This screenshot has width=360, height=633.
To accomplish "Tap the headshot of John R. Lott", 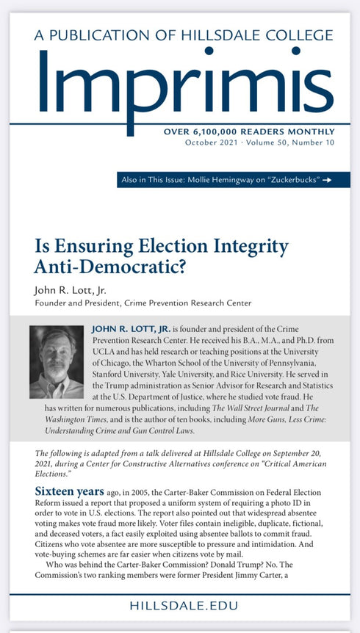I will click(x=57, y=361).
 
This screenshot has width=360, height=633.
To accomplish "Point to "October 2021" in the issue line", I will click(x=212, y=143).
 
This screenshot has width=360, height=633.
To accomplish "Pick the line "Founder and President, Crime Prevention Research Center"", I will click(x=143, y=303).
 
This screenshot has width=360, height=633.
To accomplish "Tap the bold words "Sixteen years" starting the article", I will click(x=71, y=489).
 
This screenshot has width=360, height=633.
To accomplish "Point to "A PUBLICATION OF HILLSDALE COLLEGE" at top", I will click(x=180, y=35).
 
